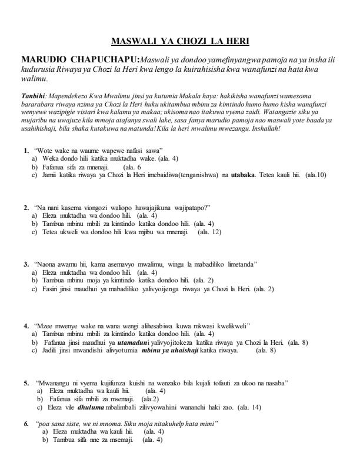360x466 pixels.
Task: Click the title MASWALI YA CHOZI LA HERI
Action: click(180, 41)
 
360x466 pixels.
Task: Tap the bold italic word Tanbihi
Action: click(31, 95)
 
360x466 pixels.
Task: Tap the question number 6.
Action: click(26, 423)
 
